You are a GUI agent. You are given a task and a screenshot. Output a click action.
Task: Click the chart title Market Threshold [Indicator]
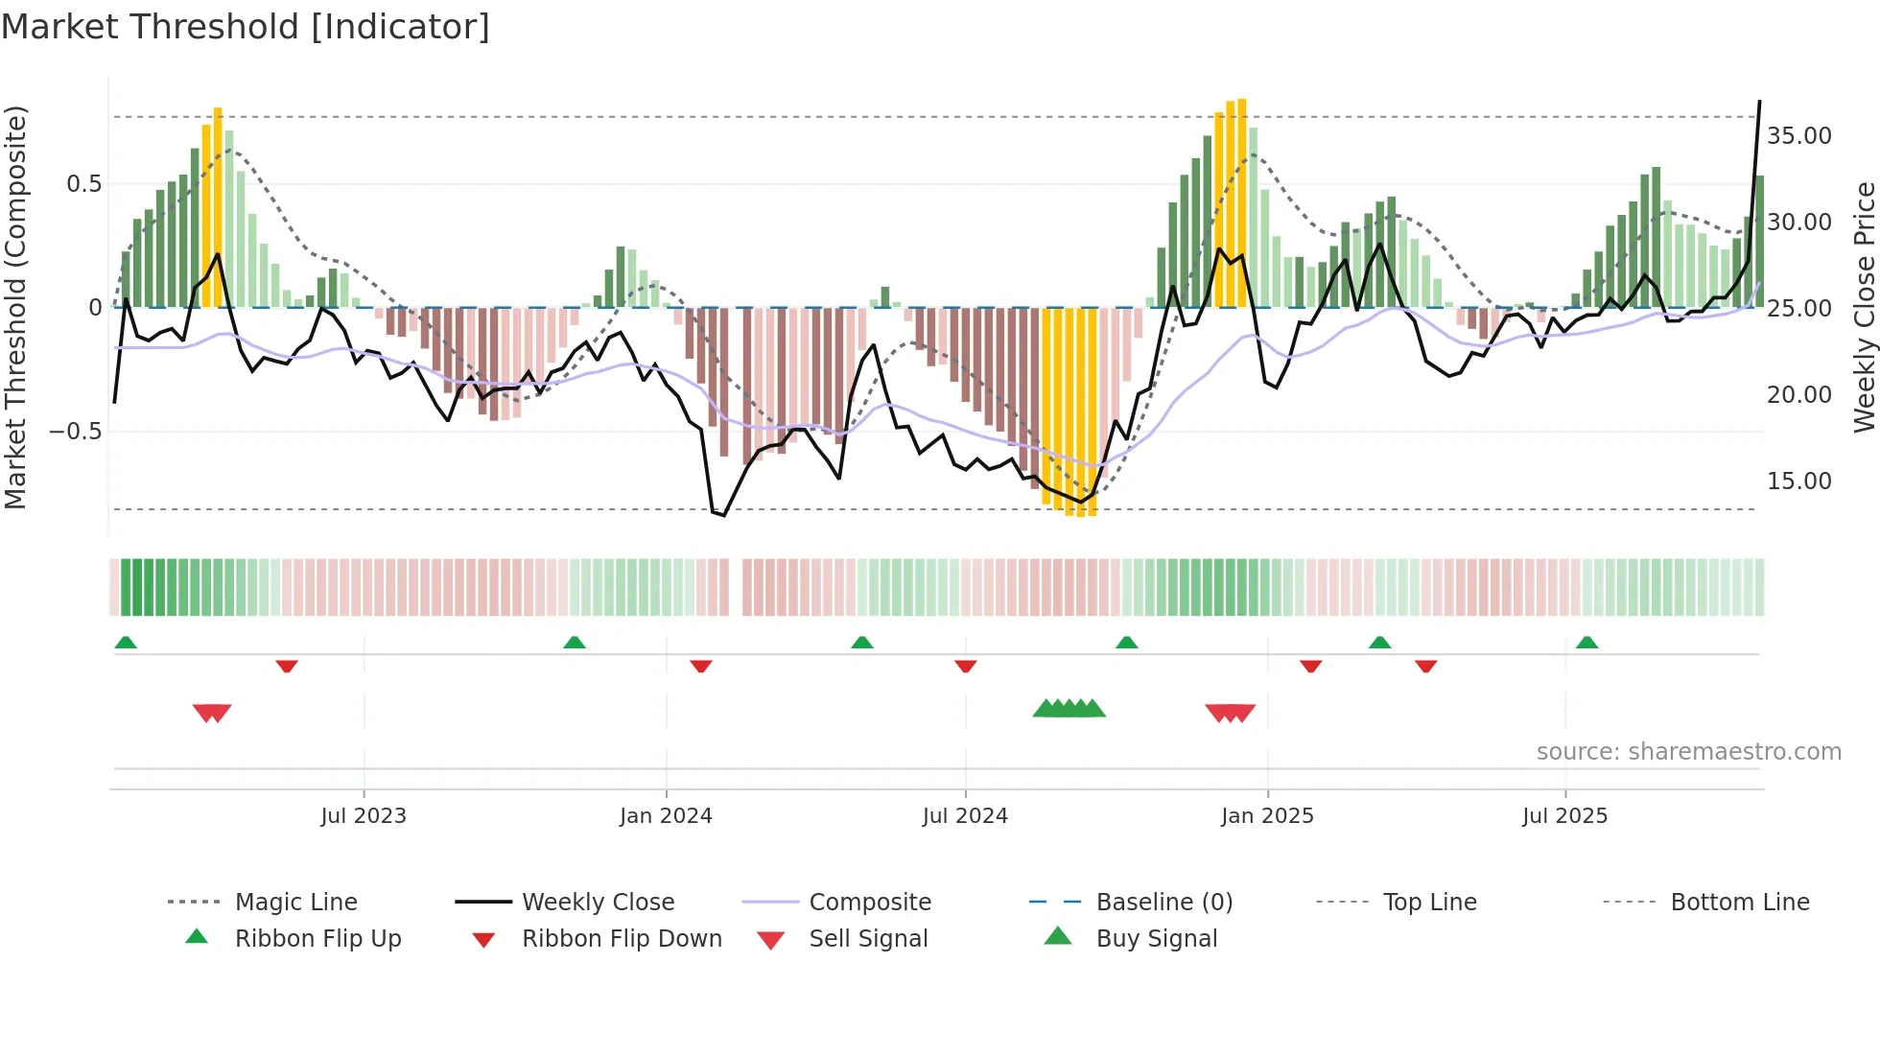[x=246, y=27]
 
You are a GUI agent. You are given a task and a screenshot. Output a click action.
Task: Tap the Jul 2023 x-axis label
[x=364, y=816]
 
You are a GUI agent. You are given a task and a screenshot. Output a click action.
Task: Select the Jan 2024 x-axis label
[x=666, y=816]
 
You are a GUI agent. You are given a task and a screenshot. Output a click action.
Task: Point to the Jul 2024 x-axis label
[x=965, y=816]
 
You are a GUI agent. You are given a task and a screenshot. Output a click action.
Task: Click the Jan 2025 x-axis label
[x=1267, y=816]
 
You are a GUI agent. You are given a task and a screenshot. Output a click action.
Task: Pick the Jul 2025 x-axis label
[x=1564, y=816]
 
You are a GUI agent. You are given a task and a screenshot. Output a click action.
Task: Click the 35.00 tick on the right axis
[x=1799, y=136]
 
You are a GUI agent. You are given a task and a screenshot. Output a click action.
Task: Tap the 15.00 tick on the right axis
[x=1799, y=482]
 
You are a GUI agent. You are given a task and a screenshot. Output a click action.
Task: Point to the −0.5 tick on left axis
[x=76, y=432]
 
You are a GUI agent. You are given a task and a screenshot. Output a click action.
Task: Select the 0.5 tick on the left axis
[x=83, y=184]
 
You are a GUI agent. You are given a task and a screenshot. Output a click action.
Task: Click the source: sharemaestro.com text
[x=1688, y=752]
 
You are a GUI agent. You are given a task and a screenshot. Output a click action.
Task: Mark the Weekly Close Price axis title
[x=1864, y=307]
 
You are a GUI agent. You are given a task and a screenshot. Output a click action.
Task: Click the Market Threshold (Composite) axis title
[x=15, y=307]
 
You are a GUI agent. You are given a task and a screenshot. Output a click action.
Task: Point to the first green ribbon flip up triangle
[x=126, y=643]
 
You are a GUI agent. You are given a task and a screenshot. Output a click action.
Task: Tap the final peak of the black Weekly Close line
[x=1759, y=101]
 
